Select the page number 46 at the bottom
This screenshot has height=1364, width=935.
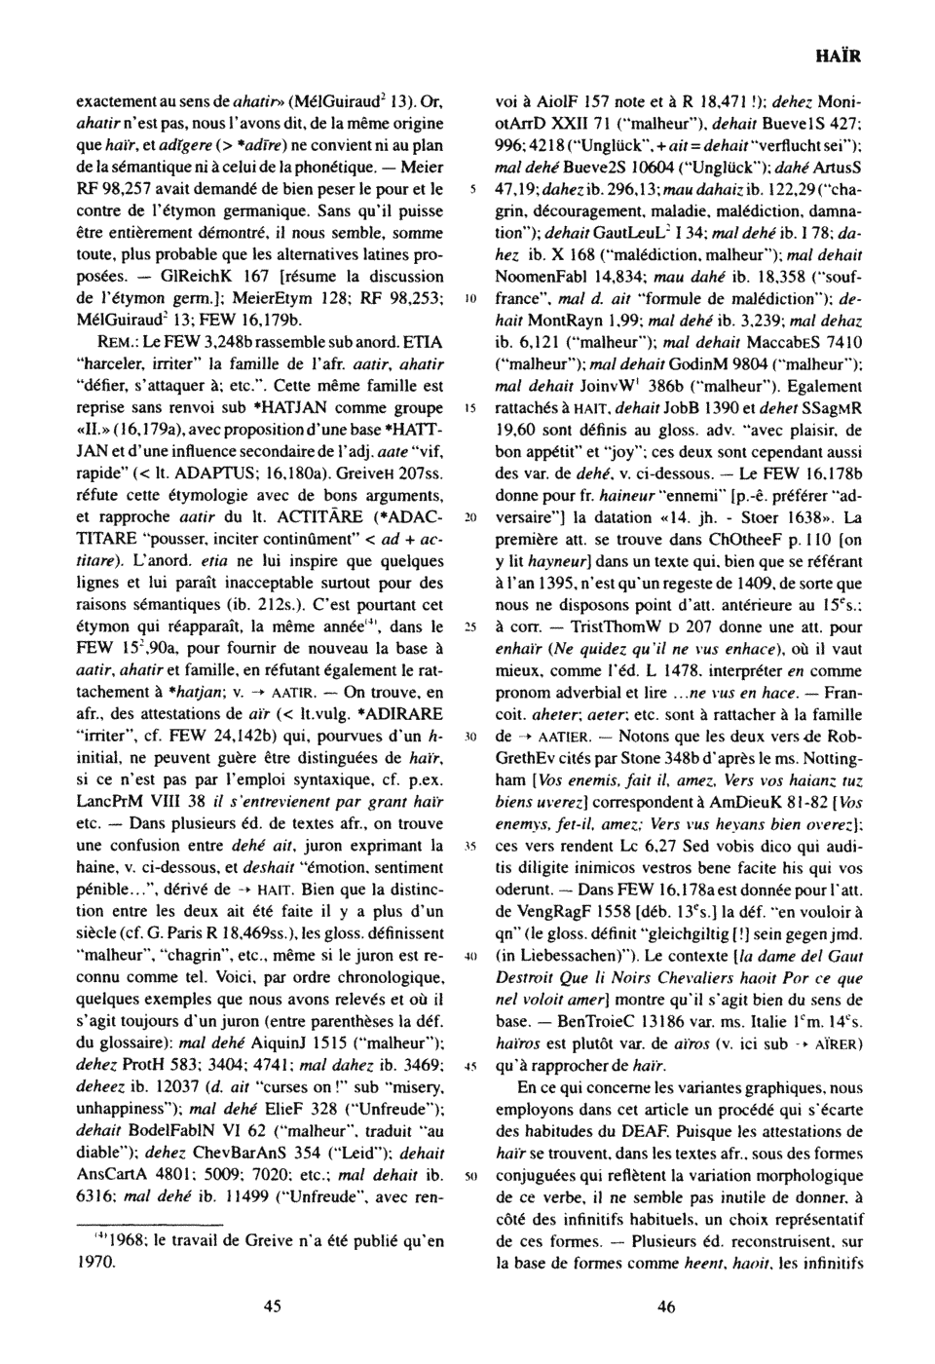[666, 1307]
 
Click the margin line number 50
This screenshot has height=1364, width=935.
[469, 1177]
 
